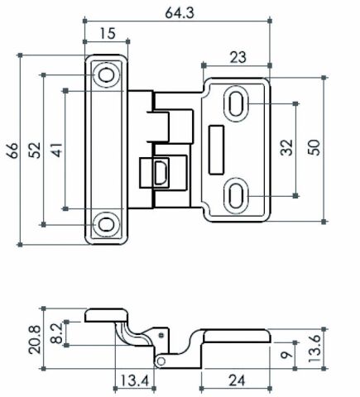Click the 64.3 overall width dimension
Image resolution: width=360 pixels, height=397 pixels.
(180, 12)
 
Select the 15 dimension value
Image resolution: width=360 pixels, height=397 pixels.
(108, 34)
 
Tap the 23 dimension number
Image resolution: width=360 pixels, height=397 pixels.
(238, 58)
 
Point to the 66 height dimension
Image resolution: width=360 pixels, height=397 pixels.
(13, 151)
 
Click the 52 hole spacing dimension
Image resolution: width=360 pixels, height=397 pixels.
(35, 151)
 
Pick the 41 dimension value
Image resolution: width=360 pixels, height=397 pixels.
(57, 150)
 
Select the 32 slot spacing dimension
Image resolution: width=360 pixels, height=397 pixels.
(286, 148)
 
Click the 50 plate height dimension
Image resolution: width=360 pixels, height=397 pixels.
(314, 148)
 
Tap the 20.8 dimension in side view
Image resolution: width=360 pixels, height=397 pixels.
(35, 340)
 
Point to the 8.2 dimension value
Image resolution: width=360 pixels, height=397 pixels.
(57, 333)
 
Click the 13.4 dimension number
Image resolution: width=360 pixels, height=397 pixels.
(135, 380)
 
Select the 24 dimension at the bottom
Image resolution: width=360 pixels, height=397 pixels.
(237, 380)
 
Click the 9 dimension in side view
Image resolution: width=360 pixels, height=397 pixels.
(286, 354)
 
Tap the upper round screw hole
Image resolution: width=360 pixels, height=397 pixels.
(106, 75)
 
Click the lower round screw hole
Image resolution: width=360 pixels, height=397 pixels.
(106, 225)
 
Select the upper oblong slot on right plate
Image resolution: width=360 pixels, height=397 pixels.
(235, 103)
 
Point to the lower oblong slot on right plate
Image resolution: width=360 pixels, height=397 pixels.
(235, 196)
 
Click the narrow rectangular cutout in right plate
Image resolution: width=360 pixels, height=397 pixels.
(216, 150)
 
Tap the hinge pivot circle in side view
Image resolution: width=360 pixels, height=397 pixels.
(161, 361)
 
